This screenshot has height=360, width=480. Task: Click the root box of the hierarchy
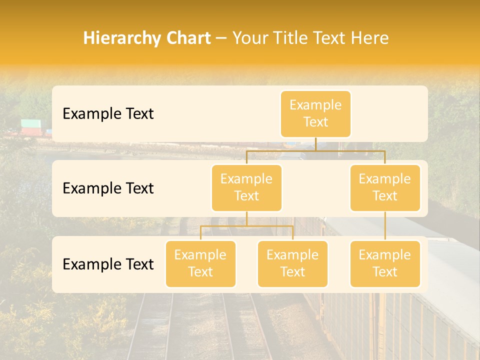(x=315, y=113)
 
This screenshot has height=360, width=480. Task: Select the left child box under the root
(x=246, y=187)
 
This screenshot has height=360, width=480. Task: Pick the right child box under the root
(x=385, y=187)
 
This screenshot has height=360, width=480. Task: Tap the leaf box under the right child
(x=385, y=263)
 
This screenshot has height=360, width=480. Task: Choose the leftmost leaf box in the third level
(x=200, y=263)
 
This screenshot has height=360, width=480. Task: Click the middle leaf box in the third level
(x=292, y=263)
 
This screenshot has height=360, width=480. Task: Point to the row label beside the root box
(x=108, y=113)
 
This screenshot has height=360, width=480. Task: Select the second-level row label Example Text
(x=108, y=188)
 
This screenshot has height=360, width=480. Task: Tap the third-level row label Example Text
(x=108, y=264)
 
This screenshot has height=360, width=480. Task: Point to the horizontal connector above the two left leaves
(x=246, y=226)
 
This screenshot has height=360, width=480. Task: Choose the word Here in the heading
(x=369, y=38)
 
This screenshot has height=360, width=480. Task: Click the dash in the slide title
(x=221, y=38)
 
